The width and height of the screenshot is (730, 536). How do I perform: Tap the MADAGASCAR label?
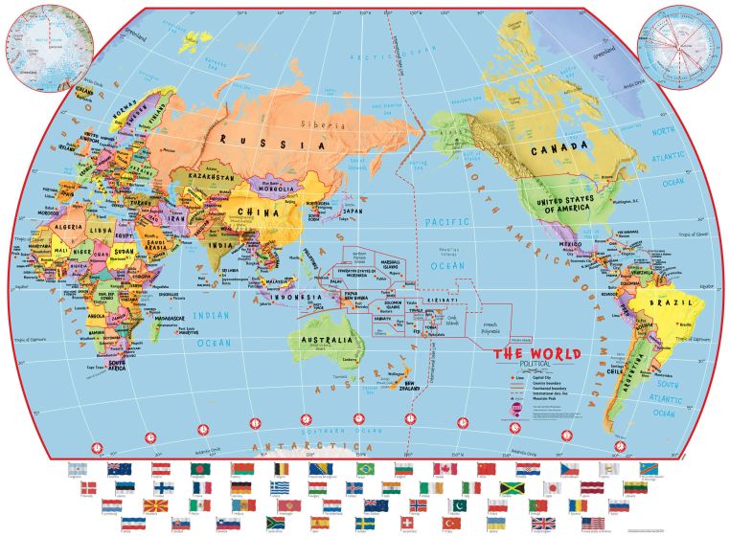[x=143, y=319]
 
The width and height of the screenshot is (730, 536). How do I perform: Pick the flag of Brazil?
[x=364, y=469]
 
